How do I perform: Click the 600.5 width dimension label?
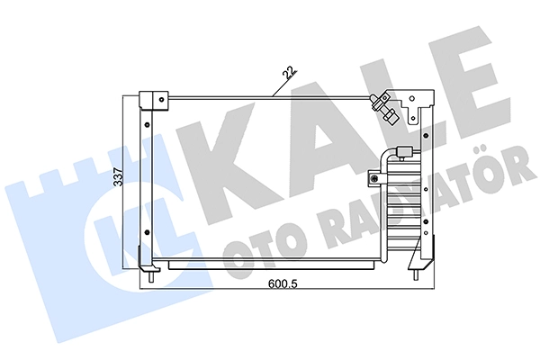click(283, 284)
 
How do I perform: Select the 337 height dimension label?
click(119, 176)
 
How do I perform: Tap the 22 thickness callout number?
click(289, 73)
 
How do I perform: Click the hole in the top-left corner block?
click(161, 100)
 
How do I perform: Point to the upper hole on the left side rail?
click(148, 125)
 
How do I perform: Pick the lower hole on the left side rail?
click(148, 232)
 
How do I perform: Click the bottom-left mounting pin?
click(151, 277)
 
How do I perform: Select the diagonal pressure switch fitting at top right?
click(384, 108)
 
